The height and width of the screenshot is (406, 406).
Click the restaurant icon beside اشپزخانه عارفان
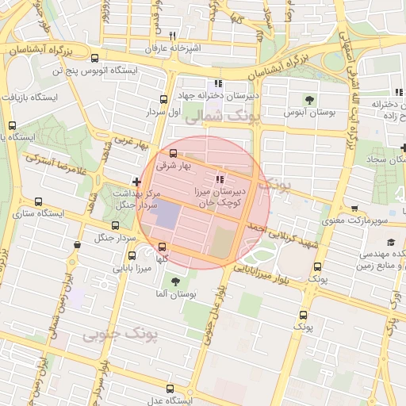coord(172,36)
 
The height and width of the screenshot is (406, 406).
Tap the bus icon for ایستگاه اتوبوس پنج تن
coord(95,59)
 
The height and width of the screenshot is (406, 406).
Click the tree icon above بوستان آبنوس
coord(310,100)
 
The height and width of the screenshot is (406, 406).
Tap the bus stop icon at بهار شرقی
coord(174,154)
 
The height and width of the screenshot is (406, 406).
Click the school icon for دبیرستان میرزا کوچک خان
coord(220,180)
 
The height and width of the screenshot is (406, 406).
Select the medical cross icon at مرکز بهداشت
coord(137,182)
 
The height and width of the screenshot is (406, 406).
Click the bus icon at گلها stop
coord(162,247)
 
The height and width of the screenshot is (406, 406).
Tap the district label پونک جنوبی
coord(120,335)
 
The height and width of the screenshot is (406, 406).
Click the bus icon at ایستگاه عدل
coord(169,389)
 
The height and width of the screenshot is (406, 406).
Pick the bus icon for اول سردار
coord(163,100)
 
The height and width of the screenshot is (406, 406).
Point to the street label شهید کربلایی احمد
coord(282,237)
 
